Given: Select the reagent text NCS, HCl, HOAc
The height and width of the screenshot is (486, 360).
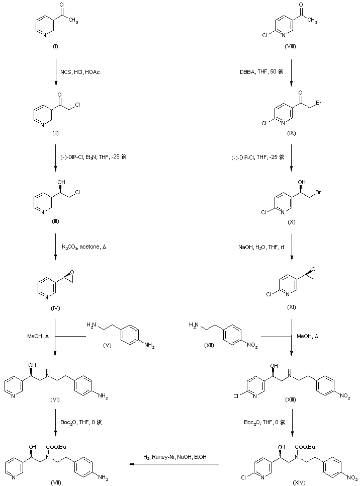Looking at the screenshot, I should point(85,72).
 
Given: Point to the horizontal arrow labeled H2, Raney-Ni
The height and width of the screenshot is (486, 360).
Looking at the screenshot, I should point(175,464).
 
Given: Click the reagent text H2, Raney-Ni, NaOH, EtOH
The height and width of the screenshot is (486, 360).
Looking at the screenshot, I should point(175,457).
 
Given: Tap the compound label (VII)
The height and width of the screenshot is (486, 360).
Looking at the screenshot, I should point(55,482).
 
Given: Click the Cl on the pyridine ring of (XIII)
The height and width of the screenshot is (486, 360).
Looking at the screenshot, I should point(245,397).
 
